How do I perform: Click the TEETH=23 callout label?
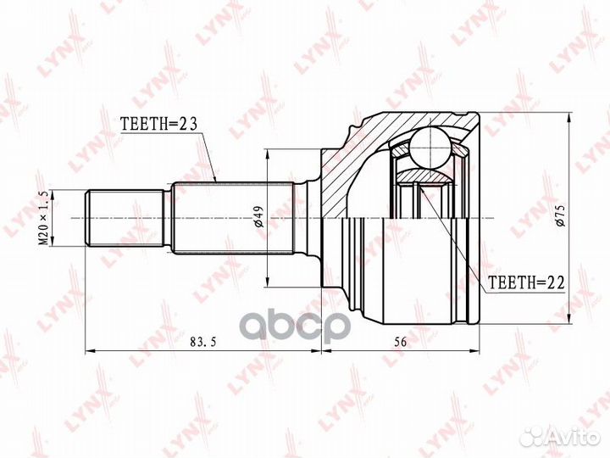[159, 124]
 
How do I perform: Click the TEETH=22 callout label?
[526, 282]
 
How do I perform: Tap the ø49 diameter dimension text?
[259, 217]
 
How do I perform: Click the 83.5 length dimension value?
[202, 342]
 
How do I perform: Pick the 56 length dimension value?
[400, 342]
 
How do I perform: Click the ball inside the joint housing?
[431, 148]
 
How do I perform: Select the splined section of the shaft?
[233, 218]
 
